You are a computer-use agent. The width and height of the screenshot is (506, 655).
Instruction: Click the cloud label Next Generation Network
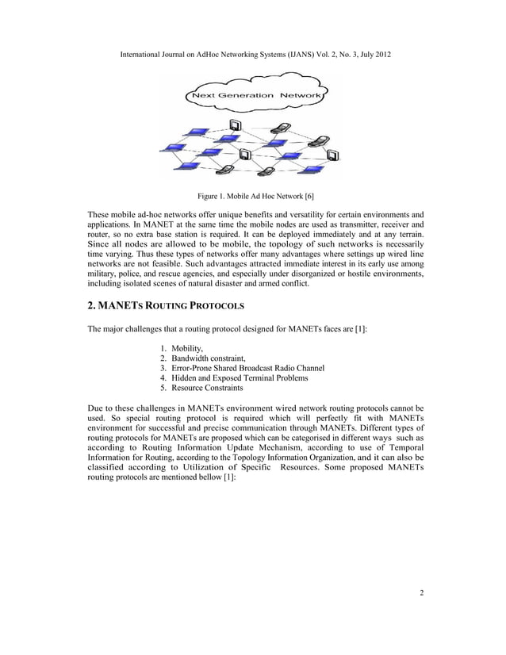(253, 97)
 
